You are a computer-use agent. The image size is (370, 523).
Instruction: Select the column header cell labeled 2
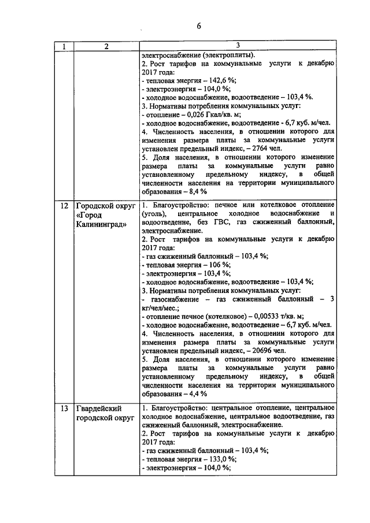tap(106, 46)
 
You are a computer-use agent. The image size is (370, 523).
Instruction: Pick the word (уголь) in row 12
tap(153, 214)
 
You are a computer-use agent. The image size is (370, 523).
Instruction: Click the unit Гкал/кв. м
tap(227, 114)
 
